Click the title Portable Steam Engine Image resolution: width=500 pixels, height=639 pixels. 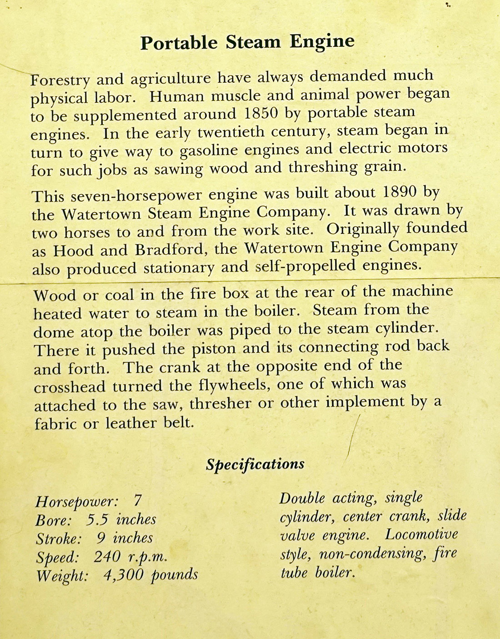247,42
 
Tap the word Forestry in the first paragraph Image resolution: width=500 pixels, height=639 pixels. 60,81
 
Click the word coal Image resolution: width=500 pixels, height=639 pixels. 120,295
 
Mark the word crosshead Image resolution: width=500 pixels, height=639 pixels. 70,387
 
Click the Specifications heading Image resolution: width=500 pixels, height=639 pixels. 255,464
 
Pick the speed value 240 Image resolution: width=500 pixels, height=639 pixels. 107,556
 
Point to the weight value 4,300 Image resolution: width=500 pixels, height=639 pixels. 122,575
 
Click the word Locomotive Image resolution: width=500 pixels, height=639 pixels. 421,534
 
